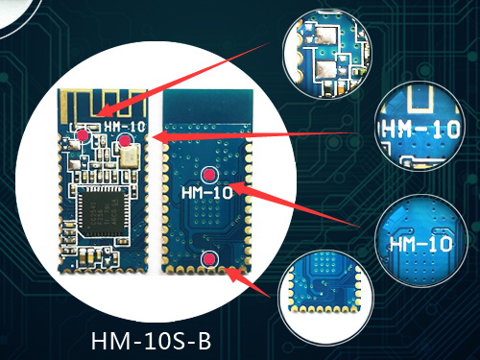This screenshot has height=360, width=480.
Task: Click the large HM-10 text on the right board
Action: [x=206, y=193]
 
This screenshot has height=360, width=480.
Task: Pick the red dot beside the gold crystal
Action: [x=125, y=142]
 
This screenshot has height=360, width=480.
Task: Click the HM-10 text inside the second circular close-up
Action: [x=414, y=128]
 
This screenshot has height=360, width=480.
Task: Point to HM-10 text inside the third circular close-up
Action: [x=420, y=245]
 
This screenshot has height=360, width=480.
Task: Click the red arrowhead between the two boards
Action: [x=156, y=138]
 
